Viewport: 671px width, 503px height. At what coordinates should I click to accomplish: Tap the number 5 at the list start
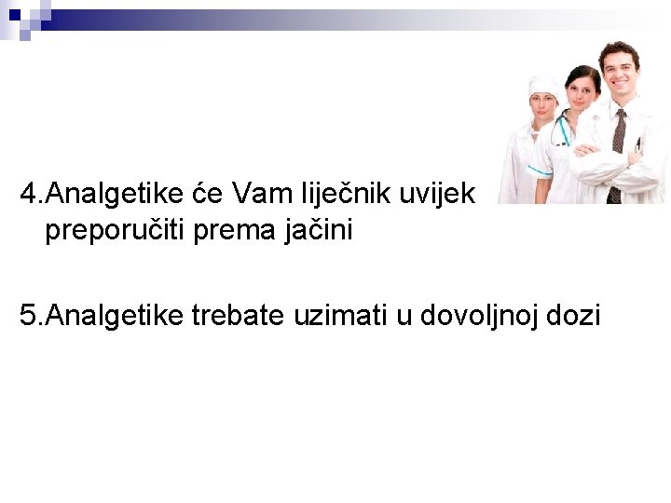[29, 316]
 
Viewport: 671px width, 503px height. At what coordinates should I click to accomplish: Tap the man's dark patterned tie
[617, 149]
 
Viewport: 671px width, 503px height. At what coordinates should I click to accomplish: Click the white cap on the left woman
[545, 88]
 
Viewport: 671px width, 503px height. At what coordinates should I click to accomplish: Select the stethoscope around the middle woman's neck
[562, 130]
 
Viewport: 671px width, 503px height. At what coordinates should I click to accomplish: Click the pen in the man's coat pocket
[639, 145]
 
